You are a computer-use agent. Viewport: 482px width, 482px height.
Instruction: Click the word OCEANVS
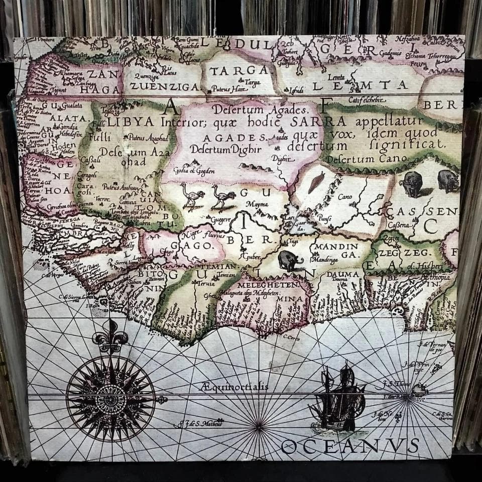350,446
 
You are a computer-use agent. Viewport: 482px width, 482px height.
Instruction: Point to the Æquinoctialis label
234,387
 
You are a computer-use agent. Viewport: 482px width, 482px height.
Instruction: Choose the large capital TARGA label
239,70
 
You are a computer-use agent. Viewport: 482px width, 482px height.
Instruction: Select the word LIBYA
132,122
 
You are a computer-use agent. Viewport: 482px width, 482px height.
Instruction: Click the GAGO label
200,246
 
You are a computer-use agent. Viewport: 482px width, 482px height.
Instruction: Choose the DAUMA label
343,274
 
